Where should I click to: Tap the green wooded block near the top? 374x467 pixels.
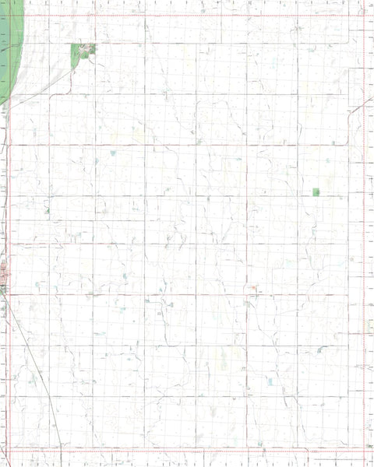coord(80,55)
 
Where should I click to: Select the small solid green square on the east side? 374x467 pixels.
coord(316,191)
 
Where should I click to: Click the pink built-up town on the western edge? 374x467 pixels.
coord(4,274)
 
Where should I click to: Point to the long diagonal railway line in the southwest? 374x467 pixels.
coord(39,374)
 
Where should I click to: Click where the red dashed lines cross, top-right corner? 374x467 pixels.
coord(363,16)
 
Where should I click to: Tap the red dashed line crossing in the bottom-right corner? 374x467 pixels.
coord(363,450)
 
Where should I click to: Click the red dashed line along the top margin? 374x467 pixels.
coord(187,16)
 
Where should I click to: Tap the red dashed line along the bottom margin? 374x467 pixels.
coord(187,450)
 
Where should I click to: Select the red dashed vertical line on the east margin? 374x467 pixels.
coord(363,233)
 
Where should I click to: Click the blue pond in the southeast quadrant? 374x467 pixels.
coord(270,381)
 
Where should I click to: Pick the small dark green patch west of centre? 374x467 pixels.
coord(47,210)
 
